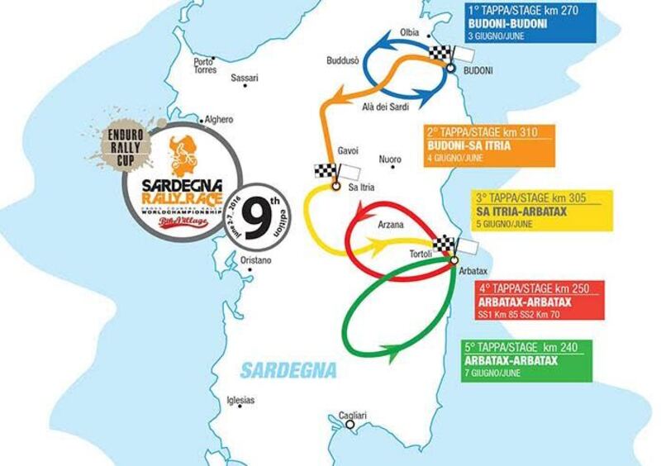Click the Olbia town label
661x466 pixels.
point(410,31)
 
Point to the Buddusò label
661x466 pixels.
point(343,61)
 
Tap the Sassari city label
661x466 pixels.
point(245,78)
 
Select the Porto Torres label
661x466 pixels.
point(204,66)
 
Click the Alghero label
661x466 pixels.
point(219,119)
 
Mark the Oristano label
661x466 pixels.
point(256,260)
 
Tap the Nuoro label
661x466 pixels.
point(389,159)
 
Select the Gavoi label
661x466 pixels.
point(349,151)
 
